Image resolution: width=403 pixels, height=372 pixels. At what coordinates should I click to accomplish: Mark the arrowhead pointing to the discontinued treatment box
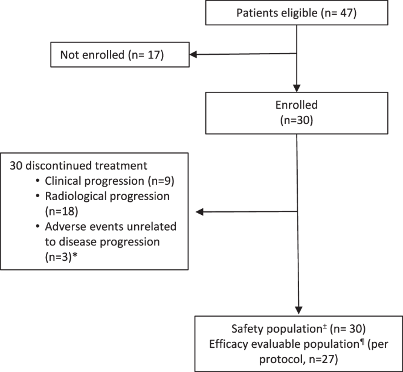click(x=199, y=211)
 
